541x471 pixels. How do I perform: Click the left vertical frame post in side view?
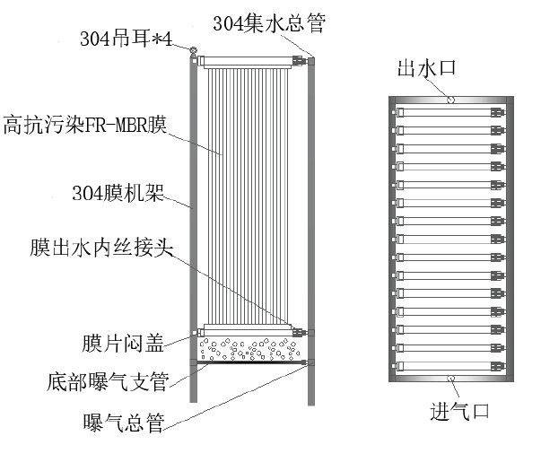(x=192, y=224)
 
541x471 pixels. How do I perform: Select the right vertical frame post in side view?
(x=310, y=224)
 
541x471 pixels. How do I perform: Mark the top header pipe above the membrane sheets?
(x=250, y=61)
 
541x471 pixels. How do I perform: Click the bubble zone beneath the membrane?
(x=250, y=346)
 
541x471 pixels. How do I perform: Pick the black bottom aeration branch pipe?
(x=250, y=362)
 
